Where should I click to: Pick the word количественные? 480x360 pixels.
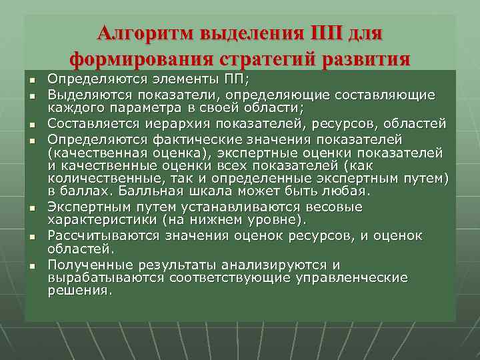[97, 178]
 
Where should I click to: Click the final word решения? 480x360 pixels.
[79, 291]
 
